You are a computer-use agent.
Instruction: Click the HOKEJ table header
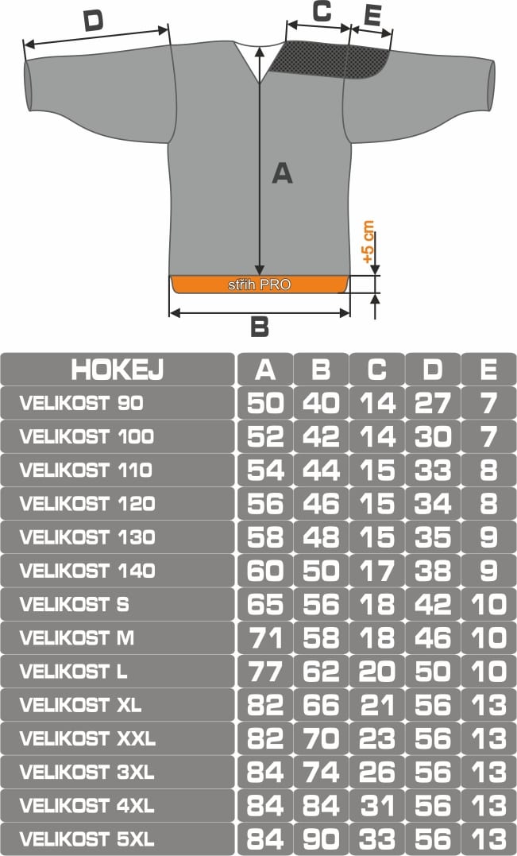tap(118, 370)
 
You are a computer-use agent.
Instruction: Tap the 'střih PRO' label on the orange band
tap(259, 285)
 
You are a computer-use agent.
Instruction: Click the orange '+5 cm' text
tap(368, 242)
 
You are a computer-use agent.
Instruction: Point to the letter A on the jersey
tap(283, 173)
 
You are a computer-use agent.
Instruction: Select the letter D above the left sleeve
tap(93, 21)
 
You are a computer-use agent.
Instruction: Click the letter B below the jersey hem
tap(260, 327)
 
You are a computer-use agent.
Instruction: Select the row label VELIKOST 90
tap(82, 403)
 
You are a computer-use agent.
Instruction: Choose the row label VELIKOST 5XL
tap(87, 839)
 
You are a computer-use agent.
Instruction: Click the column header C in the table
tap(377, 370)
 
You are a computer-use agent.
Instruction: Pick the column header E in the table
tap(488, 370)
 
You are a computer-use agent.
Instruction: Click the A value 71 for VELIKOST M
tap(265, 637)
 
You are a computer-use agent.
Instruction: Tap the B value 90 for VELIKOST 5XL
tap(321, 839)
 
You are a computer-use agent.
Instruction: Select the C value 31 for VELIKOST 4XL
tap(377, 805)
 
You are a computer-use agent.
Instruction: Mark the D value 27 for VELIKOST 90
tap(433, 403)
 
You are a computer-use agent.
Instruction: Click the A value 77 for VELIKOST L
tap(265, 672)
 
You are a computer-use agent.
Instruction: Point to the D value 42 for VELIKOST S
tap(433, 604)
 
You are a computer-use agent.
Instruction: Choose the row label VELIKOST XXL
tap(87, 738)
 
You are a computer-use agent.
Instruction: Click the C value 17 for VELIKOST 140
tap(377, 571)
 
